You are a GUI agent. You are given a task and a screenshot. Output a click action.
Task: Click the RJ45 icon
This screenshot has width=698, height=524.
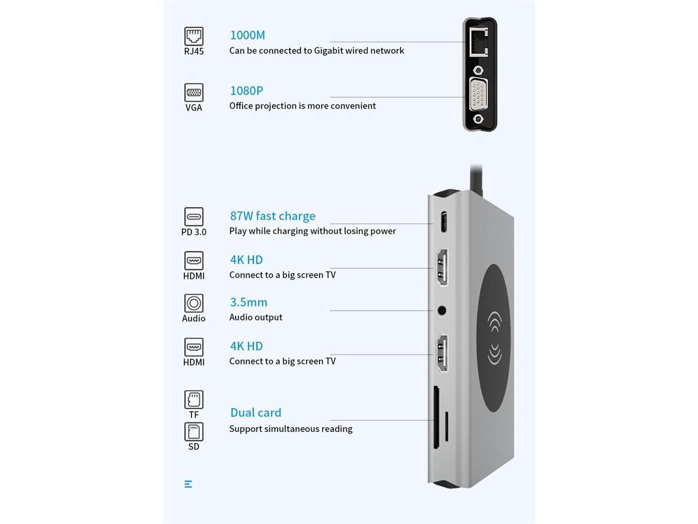point(194,36)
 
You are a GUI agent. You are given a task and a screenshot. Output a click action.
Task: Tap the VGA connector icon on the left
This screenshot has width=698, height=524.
point(194,92)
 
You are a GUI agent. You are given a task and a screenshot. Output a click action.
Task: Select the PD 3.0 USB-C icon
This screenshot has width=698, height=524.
point(194,217)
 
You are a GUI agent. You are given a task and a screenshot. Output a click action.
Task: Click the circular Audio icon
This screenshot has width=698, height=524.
point(194,303)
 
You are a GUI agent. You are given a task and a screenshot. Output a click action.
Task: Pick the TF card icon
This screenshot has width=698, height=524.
point(194,400)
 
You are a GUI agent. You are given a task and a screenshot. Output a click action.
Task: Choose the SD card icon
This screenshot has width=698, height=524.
point(194,432)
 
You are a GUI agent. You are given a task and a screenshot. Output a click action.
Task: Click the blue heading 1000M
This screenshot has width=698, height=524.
point(248,35)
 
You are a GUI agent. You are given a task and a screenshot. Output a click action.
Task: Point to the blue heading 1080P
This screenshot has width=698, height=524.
point(246,91)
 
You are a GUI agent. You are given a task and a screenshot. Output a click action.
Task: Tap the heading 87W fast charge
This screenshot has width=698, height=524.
point(273,216)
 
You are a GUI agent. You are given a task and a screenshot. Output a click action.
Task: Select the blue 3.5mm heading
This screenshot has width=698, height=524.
point(249,302)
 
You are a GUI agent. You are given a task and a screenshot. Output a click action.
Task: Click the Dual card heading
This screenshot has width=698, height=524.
point(256,413)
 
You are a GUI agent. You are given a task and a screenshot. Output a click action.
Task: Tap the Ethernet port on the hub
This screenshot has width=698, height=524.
point(478,41)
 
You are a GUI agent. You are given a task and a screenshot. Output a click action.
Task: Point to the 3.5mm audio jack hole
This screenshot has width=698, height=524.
point(442,311)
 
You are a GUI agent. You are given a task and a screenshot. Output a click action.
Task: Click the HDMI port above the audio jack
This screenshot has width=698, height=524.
point(442,267)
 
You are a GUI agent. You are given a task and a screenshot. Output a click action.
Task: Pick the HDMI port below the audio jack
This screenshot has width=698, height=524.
point(442,354)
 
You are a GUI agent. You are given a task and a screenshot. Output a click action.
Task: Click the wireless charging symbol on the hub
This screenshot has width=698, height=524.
point(494,337)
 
